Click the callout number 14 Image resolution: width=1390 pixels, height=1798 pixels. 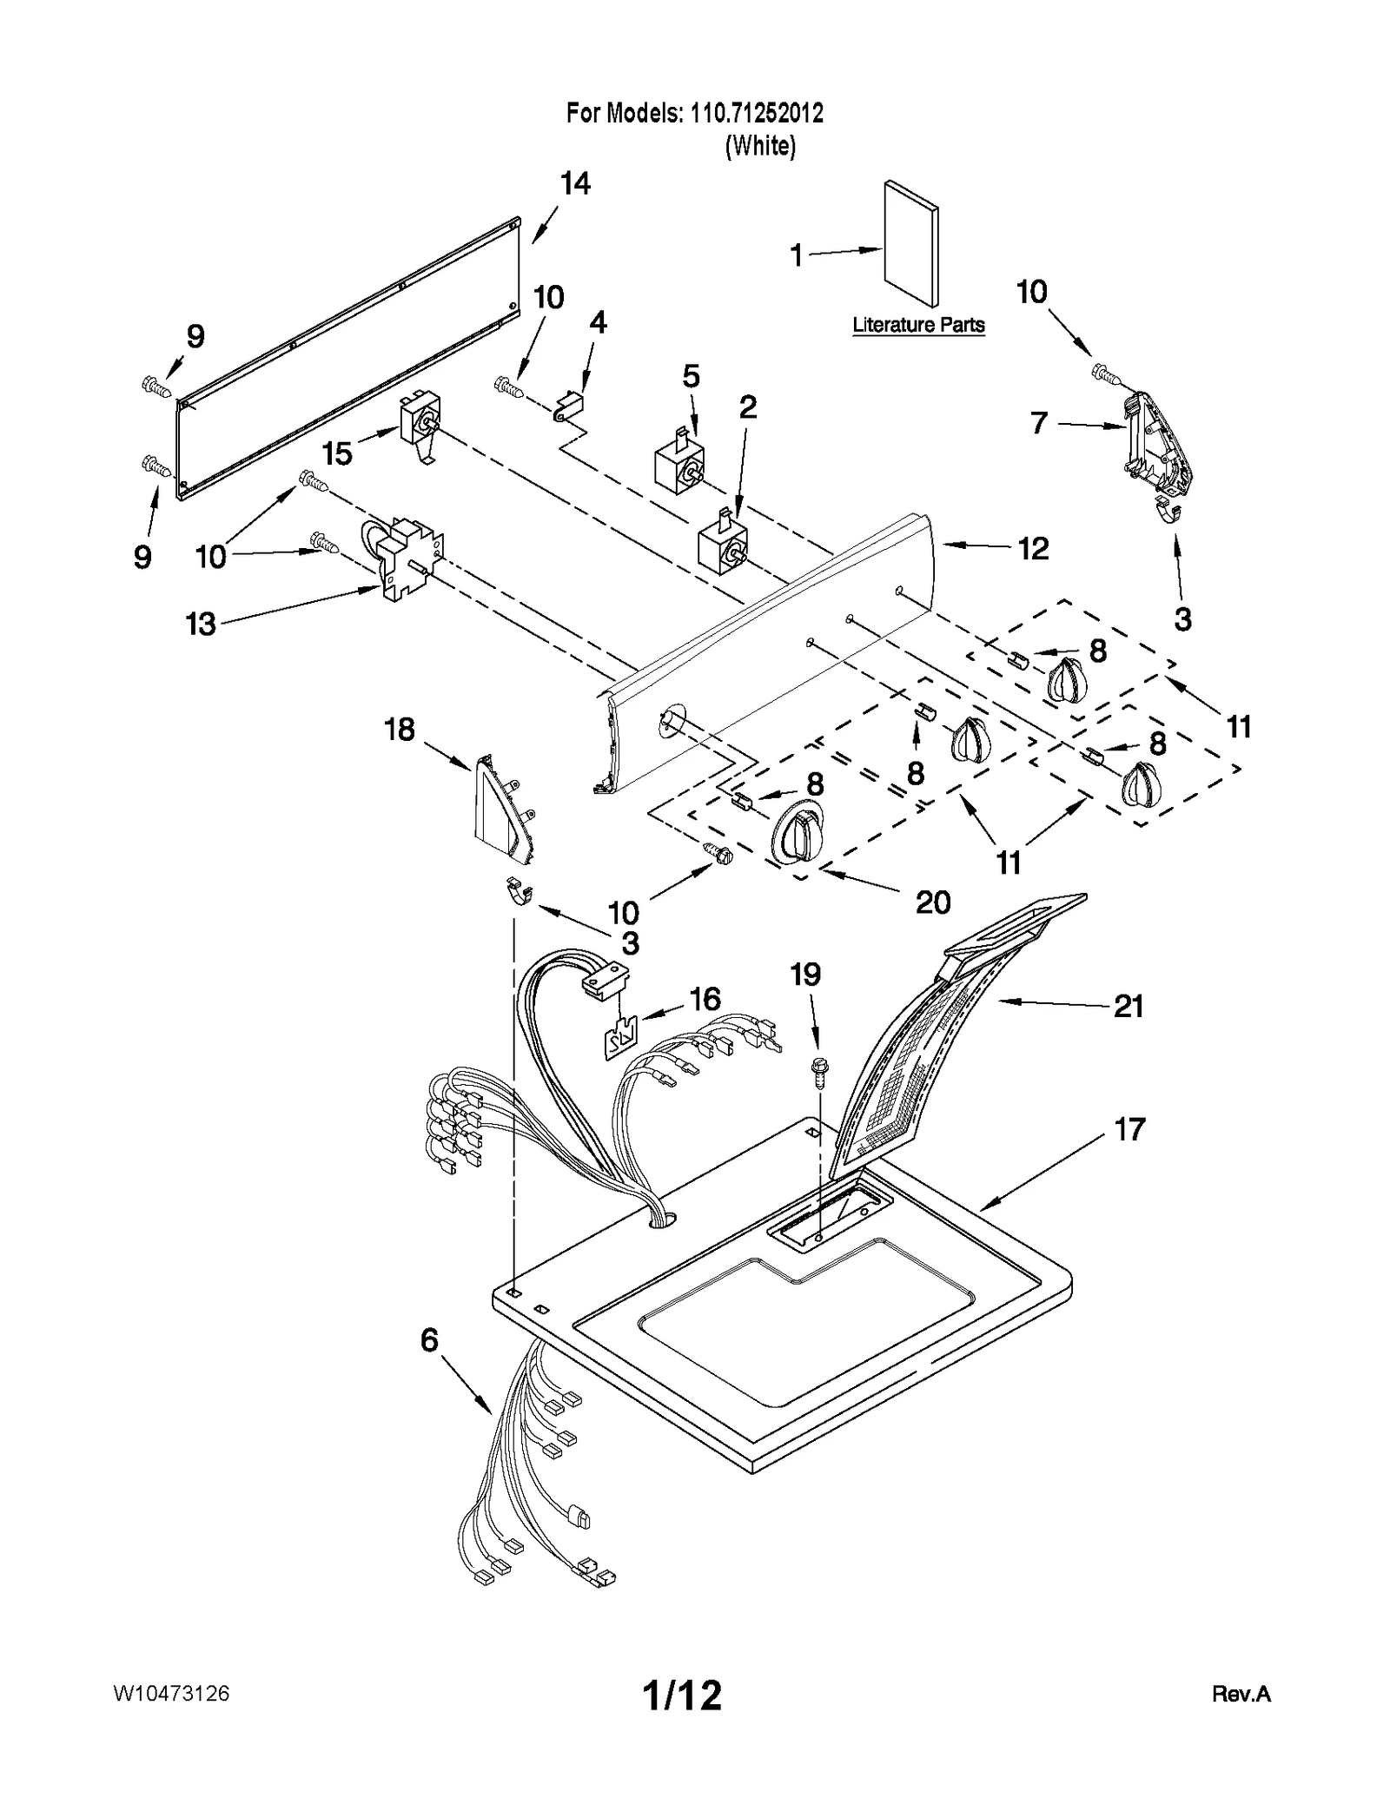pos(575,184)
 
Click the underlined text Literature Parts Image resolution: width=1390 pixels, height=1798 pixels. pos(918,326)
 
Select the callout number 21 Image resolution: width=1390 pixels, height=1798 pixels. pos(1128,1007)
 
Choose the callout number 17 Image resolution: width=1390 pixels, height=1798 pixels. pos(1129,1130)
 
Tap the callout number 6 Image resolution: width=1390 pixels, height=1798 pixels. pos(429,1340)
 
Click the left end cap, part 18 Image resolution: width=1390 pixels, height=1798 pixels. pos(500,810)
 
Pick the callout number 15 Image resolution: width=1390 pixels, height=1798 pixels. pos(337,453)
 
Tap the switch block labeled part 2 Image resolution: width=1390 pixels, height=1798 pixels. pos(723,545)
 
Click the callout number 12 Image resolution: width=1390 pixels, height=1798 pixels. pos(1033,549)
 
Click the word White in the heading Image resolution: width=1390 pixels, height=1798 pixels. pos(760,146)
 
